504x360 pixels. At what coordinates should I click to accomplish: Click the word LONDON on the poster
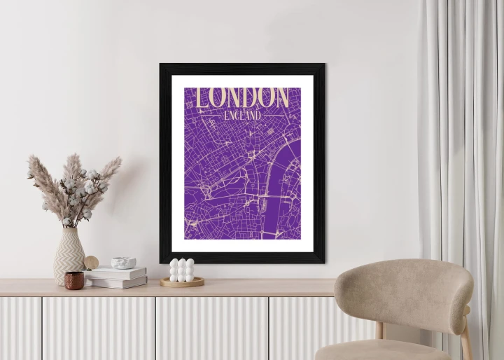tap(242, 97)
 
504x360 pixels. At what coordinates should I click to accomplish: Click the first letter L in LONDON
tap(202, 98)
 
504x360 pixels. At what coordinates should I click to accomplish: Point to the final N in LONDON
tap(281, 97)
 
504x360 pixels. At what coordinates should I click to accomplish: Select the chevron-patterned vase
tap(69, 256)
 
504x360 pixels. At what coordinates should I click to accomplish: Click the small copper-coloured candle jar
tap(74, 280)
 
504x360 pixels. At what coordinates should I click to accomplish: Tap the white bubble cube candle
tap(182, 270)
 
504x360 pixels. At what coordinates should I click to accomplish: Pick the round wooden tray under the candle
tap(182, 282)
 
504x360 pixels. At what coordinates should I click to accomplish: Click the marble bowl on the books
tap(124, 263)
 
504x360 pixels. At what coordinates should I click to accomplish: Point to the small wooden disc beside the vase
tap(92, 263)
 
